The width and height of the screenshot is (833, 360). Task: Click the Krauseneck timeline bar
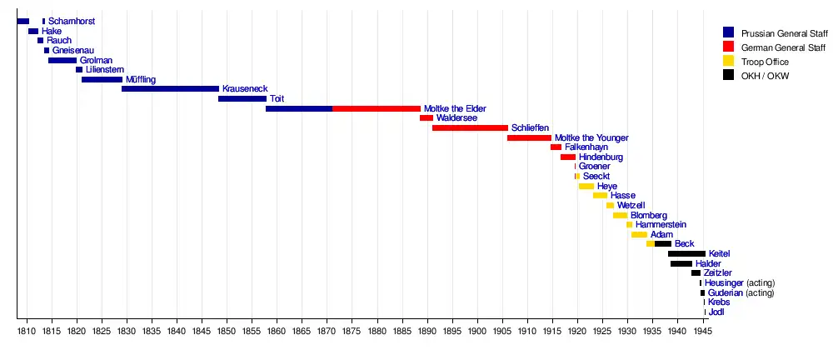(170, 89)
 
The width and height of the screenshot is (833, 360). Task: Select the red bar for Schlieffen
(470, 128)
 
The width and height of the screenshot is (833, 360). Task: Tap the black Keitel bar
(686, 253)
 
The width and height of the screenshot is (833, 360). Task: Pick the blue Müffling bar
(102, 80)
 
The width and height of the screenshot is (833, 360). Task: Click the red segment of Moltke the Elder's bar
(377, 109)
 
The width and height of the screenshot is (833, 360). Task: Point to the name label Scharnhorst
(71, 21)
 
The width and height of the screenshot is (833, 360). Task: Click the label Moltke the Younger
(591, 137)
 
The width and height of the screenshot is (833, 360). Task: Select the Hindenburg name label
(601, 157)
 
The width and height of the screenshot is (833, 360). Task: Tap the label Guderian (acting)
(741, 292)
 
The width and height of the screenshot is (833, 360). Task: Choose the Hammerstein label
(661, 225)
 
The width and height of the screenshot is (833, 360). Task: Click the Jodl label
(716, 312)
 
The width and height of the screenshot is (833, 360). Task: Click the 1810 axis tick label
(27, 331)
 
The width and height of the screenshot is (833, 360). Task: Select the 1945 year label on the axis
(703, 331)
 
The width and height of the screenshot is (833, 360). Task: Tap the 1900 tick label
(477, 331)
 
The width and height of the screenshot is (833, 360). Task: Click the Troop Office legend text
(765, 62)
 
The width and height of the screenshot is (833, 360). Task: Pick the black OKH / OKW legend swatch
(729, 76)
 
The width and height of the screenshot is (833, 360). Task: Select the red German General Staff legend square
(729, 47)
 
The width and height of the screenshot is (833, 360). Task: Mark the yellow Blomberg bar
(620, 215)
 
